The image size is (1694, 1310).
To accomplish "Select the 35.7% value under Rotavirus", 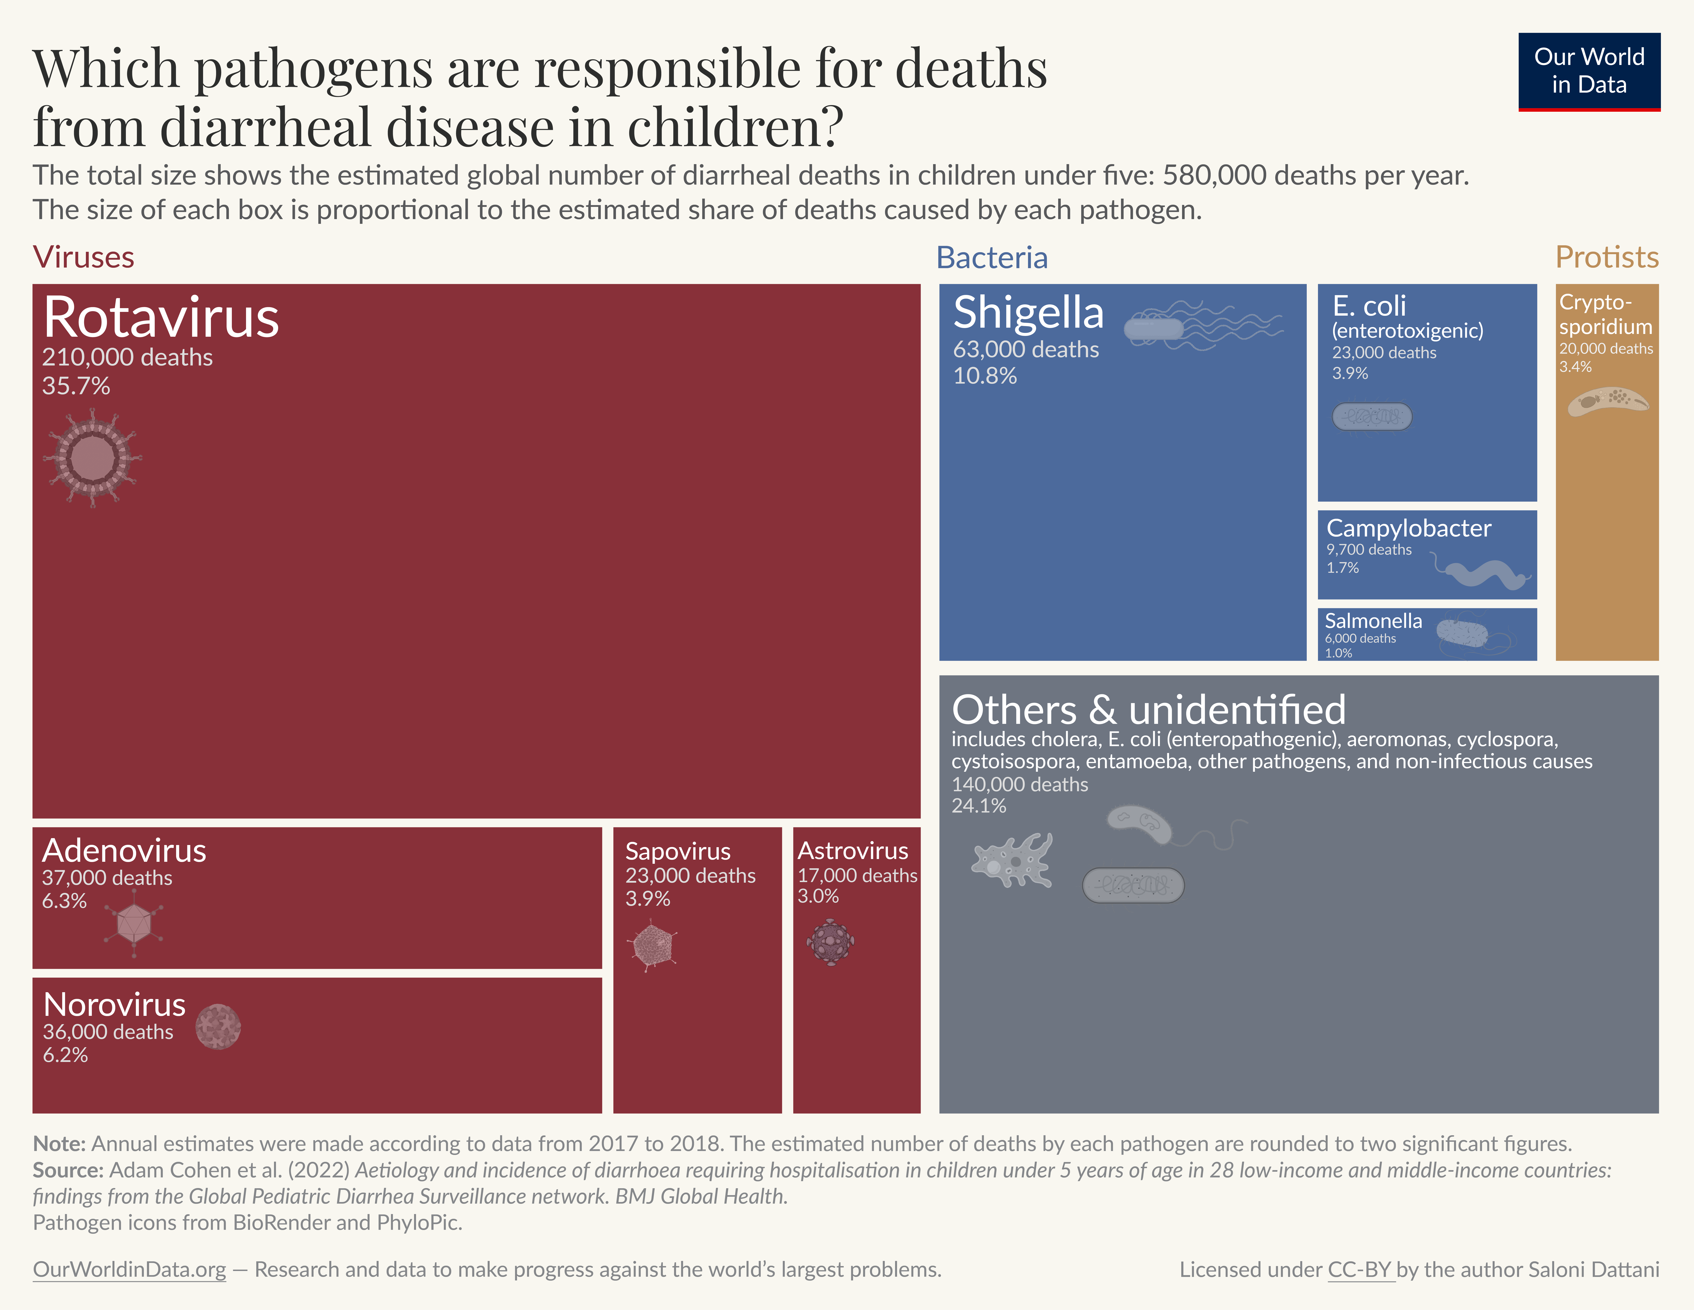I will click(x=76, y=386).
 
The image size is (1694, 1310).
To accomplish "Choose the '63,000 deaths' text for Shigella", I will click(x=1025, y=350).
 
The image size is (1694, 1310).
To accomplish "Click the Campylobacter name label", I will click(x=1408, y=528).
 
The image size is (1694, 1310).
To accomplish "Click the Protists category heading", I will click(x=1606, y=257).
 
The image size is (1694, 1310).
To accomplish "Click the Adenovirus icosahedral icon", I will click(x=134, y=923).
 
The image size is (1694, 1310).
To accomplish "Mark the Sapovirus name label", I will click(x=677, y=851).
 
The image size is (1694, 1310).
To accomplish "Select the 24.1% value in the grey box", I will click(x=979, y=806).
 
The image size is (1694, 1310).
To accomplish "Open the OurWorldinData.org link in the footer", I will click(x=130, y=1270).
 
